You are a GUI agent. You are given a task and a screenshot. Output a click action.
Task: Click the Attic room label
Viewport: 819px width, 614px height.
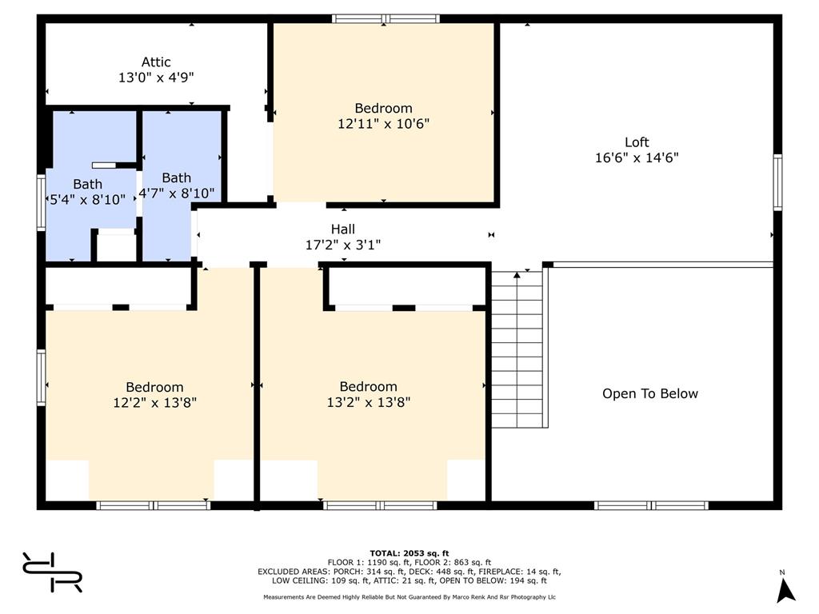156,62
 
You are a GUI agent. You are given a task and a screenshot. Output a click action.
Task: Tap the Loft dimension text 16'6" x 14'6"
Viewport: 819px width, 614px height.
637,157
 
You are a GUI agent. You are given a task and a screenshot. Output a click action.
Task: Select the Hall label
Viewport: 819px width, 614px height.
342,229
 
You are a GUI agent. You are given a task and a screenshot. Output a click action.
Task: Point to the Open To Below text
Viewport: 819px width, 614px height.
649,393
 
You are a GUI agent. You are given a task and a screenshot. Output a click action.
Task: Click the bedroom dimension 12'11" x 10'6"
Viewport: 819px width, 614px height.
383,124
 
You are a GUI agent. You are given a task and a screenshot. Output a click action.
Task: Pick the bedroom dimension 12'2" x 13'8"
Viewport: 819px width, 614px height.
154,403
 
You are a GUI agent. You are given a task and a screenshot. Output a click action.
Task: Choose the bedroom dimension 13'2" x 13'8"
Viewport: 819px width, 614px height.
368,403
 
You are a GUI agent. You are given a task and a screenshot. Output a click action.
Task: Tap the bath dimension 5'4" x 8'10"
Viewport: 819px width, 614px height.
87,199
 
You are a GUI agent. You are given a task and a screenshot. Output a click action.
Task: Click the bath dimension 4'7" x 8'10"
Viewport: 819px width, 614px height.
177,193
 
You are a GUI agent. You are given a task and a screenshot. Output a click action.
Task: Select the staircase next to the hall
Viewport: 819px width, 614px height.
517,349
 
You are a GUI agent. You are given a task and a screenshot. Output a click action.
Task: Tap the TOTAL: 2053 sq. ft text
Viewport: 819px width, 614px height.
409,553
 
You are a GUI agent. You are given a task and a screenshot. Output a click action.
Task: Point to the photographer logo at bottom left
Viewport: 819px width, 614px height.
52,572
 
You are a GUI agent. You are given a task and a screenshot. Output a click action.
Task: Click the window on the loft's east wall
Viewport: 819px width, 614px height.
777,183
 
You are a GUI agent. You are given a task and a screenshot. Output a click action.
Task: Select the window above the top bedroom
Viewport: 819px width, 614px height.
386,19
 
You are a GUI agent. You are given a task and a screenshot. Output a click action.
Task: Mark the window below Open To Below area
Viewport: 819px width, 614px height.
651,505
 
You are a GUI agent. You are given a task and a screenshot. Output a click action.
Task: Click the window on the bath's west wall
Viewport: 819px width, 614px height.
42,202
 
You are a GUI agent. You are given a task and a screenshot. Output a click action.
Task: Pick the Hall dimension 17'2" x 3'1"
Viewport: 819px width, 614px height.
342,245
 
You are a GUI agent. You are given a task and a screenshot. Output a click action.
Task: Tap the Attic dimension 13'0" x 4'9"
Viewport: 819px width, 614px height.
156,78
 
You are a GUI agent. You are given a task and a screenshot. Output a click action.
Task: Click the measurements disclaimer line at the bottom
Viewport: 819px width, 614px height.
409,596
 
